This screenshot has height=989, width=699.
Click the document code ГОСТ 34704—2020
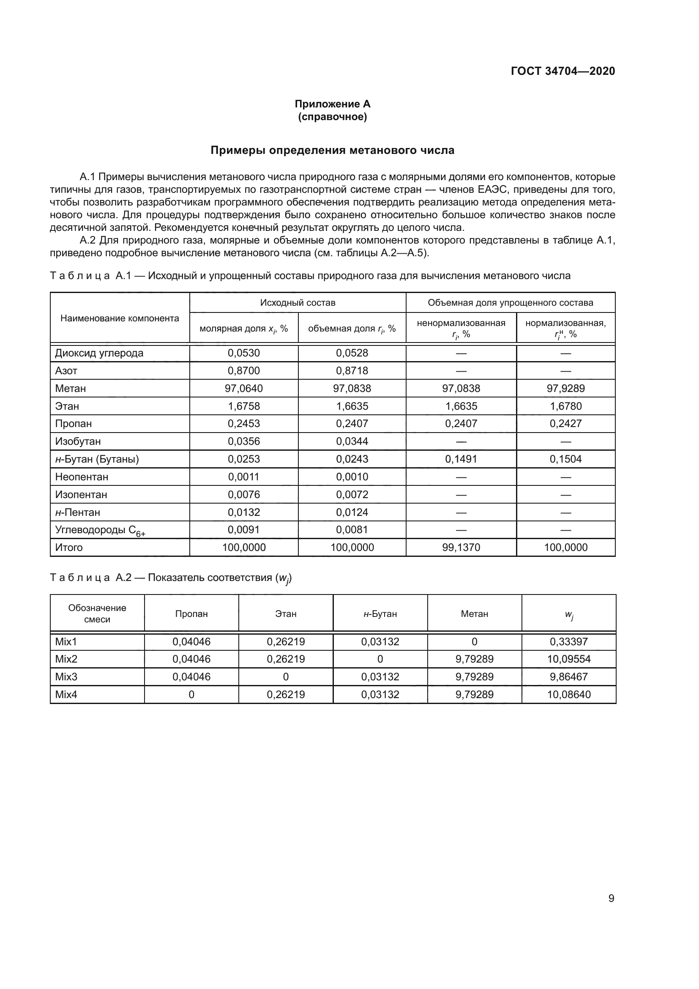(x=562, y=71)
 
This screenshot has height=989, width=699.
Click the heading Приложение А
(x=332, y=104)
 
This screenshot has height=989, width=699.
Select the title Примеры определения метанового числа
(x=332, y=151)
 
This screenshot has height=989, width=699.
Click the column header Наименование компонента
(x=120, y=318)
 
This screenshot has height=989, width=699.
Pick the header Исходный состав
(x=298, y=302)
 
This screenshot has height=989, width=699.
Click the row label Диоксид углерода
(x=99, y=353)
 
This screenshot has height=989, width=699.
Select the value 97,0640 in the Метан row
(x=243, y=389)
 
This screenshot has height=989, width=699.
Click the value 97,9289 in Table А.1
(x=565, y=389)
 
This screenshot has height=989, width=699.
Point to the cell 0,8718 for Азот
(x=352, y=371)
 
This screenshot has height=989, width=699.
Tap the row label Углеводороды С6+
(x=100, y=530)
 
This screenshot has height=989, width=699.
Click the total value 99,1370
(x=461, y=548)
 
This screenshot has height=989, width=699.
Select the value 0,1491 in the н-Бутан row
(x=461, y=459)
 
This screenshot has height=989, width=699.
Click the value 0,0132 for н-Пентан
(x=243, y=512)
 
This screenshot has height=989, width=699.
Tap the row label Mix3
(x=66, y=677)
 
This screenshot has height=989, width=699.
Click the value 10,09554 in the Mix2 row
(x=569, y=659)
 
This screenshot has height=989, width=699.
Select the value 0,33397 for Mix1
(x=569, y=641)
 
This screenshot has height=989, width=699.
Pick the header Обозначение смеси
(x=97, y=614)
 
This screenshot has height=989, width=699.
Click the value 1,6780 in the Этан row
(x=565, y=406)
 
